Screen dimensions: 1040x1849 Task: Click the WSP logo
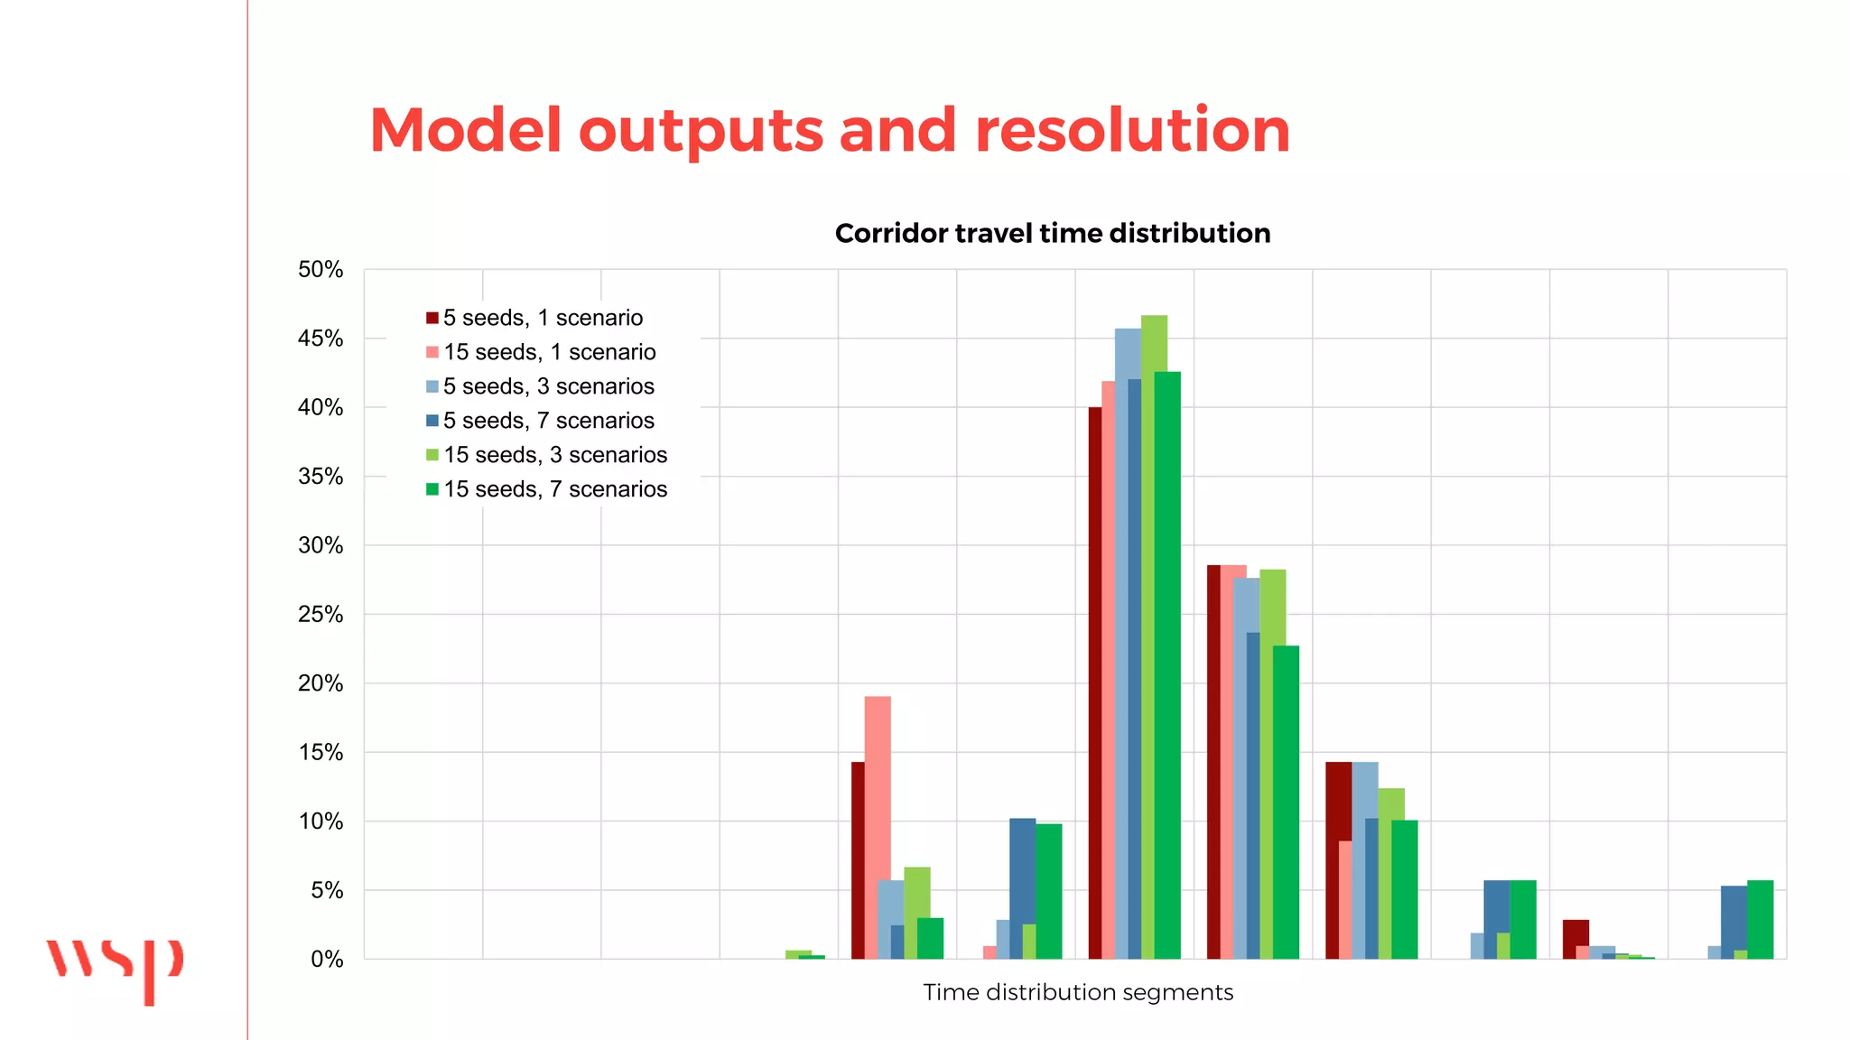point(115,969)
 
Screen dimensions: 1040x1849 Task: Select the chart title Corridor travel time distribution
point(1052,233)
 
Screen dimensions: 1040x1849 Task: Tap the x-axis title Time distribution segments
point(1077,992)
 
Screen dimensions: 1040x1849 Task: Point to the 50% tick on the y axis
point(321,270)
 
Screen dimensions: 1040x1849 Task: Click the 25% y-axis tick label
point(321,615)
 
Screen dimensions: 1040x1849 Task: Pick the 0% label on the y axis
point(326,960)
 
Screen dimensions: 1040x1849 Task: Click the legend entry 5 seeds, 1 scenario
point(543,318)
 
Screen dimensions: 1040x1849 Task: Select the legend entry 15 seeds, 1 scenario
point(549,352)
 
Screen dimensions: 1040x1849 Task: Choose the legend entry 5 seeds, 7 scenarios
point(548,421)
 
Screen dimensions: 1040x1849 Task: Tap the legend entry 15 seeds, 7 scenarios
point(554,489)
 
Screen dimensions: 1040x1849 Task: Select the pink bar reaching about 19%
point(878,826)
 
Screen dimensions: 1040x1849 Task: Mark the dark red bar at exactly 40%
point(1094,682)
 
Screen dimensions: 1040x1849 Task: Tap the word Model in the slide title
point(465,130)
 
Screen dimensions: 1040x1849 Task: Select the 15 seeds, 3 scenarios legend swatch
point(432,455)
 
